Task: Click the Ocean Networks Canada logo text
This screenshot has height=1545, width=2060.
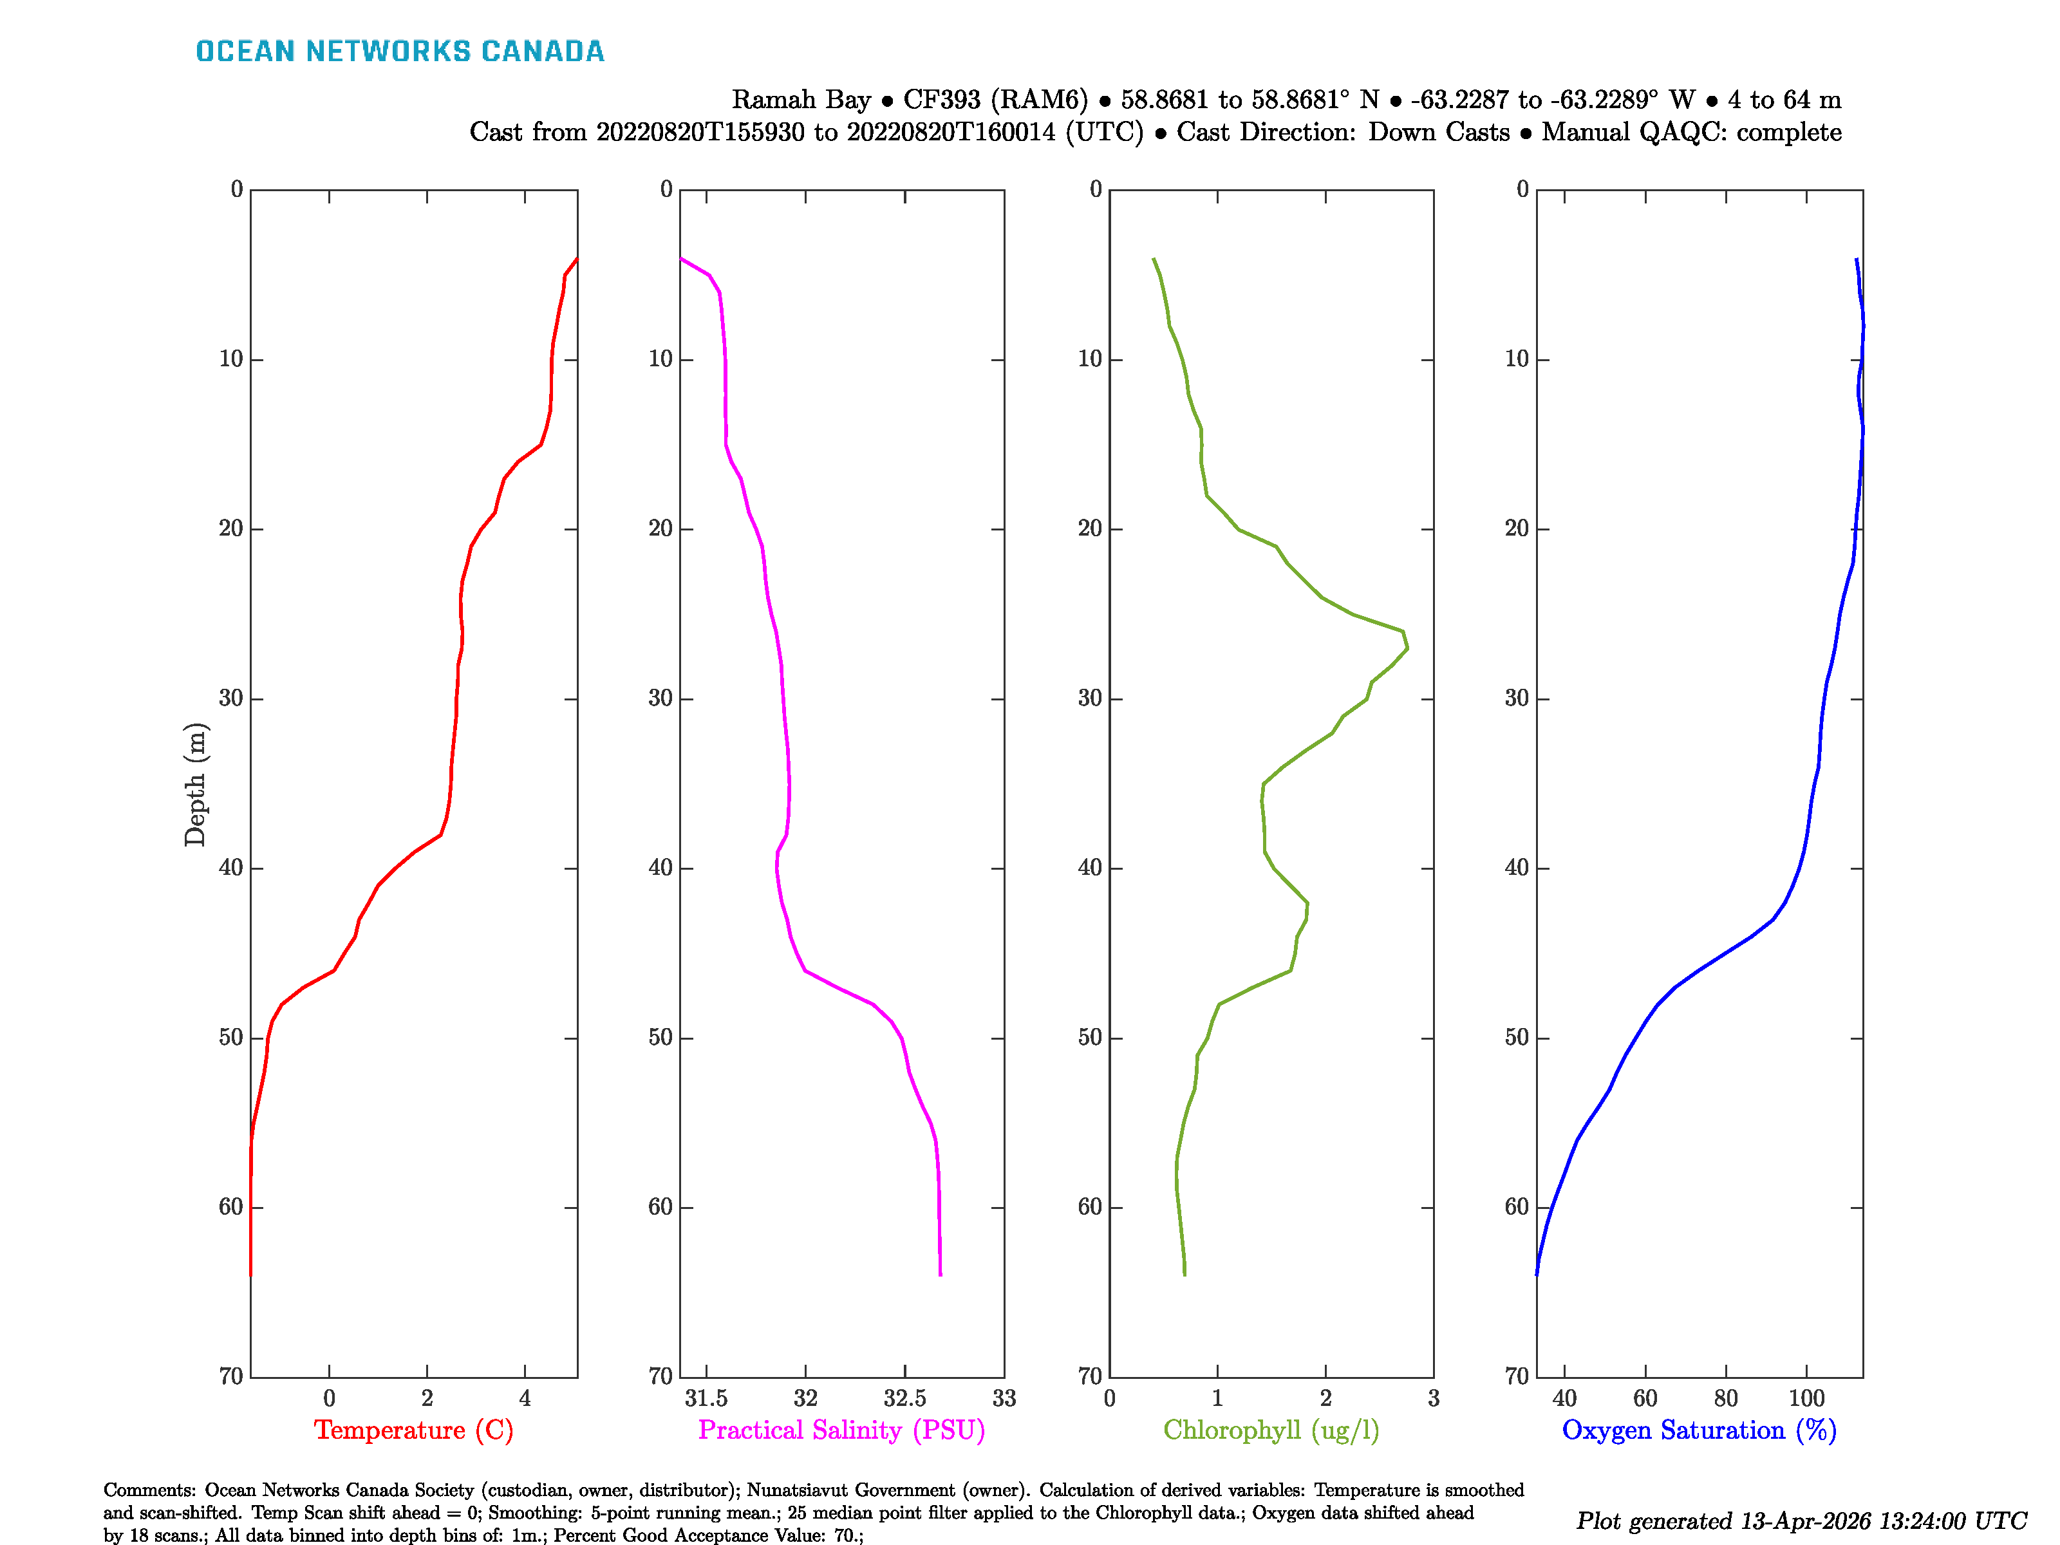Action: (400, 51)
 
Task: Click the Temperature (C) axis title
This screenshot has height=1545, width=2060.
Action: (413, 1430)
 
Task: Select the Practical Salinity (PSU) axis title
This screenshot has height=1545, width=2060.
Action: (842, 1430)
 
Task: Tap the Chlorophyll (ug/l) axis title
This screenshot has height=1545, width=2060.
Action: (1271, 1430)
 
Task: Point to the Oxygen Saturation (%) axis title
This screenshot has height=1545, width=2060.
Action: (1699, 1430)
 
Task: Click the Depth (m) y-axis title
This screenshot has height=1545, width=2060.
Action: (194, 784)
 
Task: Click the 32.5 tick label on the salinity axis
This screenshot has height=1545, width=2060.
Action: (904, 1399)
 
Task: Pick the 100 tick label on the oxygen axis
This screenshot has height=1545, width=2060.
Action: (1807, 1399)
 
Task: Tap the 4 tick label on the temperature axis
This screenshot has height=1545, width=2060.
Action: (525, 1399)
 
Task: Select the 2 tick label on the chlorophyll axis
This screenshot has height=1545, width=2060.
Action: (1325, 1399)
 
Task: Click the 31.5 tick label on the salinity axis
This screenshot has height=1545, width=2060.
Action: (706, 1399)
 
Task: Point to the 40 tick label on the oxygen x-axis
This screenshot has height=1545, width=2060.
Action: (1564, 1399)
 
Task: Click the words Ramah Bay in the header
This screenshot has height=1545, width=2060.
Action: (801, 100)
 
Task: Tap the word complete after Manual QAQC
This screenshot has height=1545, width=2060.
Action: (1789, 132)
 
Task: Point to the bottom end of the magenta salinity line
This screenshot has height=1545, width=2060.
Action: (941, 1275)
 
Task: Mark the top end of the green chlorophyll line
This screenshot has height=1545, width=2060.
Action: (1154, 259)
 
